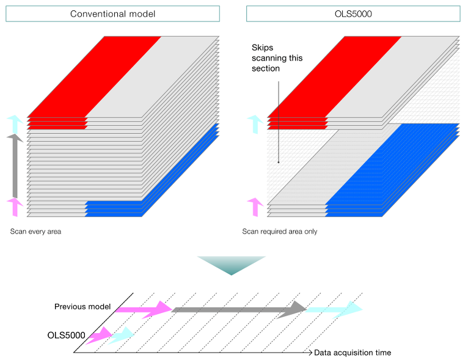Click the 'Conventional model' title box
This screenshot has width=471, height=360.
[112, 13]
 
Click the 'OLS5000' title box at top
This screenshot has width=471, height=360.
[352, 13]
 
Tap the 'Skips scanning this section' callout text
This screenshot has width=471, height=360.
[277, 58]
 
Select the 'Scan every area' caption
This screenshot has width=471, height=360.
[36, 232]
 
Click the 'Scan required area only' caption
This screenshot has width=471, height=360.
[279, 232]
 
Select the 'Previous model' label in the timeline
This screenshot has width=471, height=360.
[82, 307]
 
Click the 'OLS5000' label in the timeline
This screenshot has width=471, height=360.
[66, 335]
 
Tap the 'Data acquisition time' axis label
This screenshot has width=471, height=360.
[352, 353]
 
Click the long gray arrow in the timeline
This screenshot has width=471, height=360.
[238, 310]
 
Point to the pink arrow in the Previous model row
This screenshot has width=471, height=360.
[144, 310]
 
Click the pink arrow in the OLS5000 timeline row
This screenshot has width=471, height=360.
[99, 336]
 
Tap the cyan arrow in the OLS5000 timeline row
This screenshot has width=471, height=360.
[122, 335]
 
